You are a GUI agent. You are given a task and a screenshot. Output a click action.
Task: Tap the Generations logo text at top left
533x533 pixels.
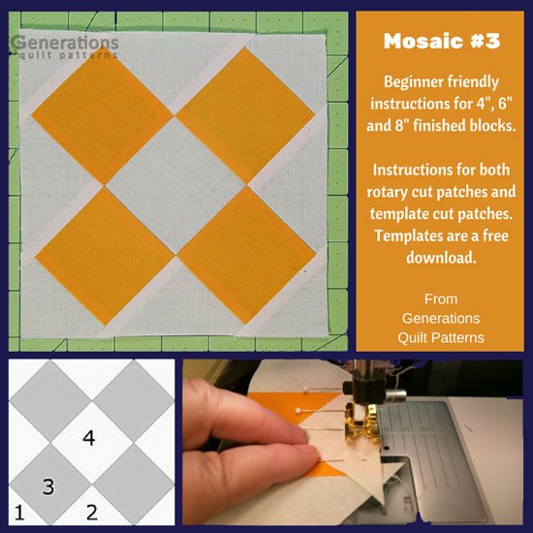64,43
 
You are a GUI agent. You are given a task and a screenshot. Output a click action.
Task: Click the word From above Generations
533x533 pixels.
440,299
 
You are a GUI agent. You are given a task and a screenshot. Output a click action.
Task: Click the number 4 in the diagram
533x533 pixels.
88,439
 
